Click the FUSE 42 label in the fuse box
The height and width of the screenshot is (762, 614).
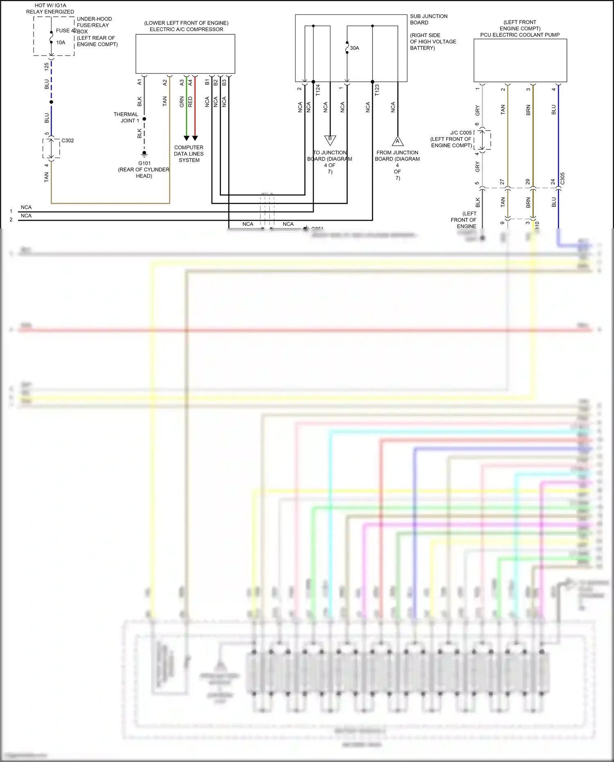pos(65,31)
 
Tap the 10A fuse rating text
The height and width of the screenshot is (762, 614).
pos(61,43)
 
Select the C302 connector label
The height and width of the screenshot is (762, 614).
pos(68,140)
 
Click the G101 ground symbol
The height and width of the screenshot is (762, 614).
pos(144,154)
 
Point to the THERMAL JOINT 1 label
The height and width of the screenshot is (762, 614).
pos(126,118)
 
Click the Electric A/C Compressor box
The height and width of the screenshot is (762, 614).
pos(185,54)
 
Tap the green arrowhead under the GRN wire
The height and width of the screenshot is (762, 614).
pos(186,138)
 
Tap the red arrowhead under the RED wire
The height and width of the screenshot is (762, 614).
pos(195,138)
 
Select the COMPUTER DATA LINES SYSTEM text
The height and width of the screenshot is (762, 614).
pos(189,154)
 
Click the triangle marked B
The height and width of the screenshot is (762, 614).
pos(330,140)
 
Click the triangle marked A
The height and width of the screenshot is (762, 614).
pos(397,141)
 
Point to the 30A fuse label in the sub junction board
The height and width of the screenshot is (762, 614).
pos(354,48)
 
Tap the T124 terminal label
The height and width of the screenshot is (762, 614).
pos(318,90)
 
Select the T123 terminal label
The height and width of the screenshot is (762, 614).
pos(377,90)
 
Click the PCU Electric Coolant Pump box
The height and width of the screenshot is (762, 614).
pos(520,61)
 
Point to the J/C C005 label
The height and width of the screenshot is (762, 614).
pos(461,133)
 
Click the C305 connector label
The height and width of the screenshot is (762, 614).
pos(562,178)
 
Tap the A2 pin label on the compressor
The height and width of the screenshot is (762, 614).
pos(165,82)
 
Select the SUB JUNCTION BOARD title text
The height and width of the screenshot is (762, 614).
pos(429,19)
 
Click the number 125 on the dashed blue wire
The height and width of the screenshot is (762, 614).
pos(47,66)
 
